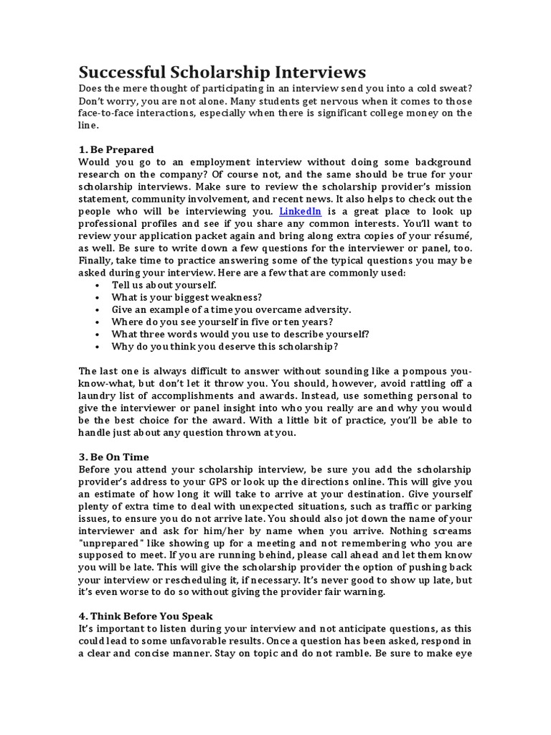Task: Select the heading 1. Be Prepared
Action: coord(116,149)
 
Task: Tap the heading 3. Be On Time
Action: coord(114,457)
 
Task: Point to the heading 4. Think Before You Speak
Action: coord(146,616)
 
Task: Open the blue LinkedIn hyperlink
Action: coord(300,211)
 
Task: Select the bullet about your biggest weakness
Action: coord(187,297)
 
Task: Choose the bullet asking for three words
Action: coord(240,334)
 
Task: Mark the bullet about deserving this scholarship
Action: coord(225,346)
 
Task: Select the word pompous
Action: coord(411,370)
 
